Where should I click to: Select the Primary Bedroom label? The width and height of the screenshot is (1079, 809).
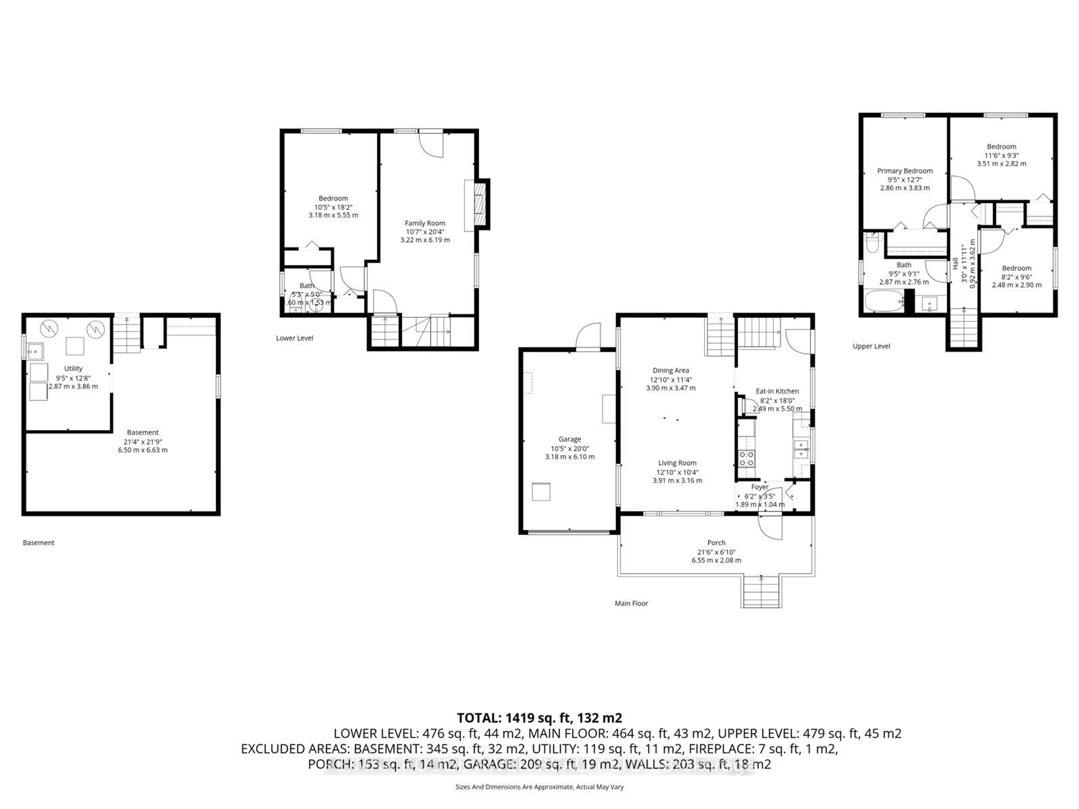coord(905,171)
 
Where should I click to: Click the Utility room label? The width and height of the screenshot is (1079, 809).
coord(73,369)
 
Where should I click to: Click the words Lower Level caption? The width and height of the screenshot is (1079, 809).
coord(295,338)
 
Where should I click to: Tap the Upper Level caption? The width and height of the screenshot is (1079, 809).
coord(871,346)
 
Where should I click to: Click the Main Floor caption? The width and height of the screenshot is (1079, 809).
coord(631,603)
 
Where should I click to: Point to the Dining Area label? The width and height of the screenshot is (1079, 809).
coord(671,371)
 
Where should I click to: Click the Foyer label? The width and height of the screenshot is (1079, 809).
coord(760,487)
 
